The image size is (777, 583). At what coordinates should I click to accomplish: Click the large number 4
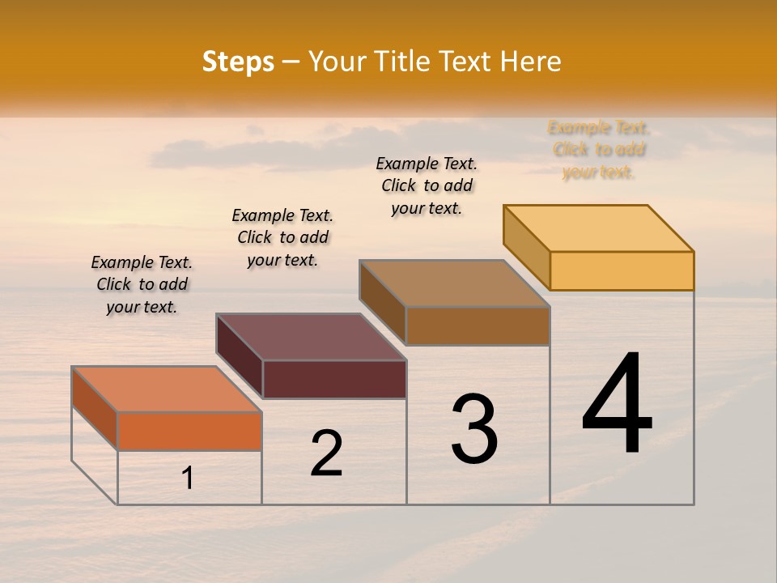point(617,404)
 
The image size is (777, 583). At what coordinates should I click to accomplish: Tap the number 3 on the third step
point(474,429)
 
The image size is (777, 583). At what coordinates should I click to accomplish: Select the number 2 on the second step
point(326,453)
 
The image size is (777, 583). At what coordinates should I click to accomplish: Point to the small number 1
point(188,478)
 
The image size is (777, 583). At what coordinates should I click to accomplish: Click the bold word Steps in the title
point(238,62)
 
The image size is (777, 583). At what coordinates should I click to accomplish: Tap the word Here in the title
point(530,62)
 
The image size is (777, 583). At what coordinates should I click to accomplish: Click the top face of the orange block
point(166,389)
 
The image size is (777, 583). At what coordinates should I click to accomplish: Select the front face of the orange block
point(189,431)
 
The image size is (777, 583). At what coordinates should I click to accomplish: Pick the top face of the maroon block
point(311,337)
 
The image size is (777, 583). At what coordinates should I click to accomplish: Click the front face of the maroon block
point(334,379)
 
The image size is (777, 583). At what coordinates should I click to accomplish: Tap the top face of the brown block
point(454,283)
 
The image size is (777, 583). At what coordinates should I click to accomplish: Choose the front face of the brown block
point(478,326)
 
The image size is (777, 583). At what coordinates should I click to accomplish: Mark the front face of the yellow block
point(622,270)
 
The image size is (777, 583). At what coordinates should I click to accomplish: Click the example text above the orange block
point(142,284)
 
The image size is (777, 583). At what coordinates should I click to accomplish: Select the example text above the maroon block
point(282,237)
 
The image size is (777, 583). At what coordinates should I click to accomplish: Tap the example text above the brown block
point(427,185)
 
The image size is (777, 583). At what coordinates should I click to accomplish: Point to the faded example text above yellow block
point(599,150)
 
